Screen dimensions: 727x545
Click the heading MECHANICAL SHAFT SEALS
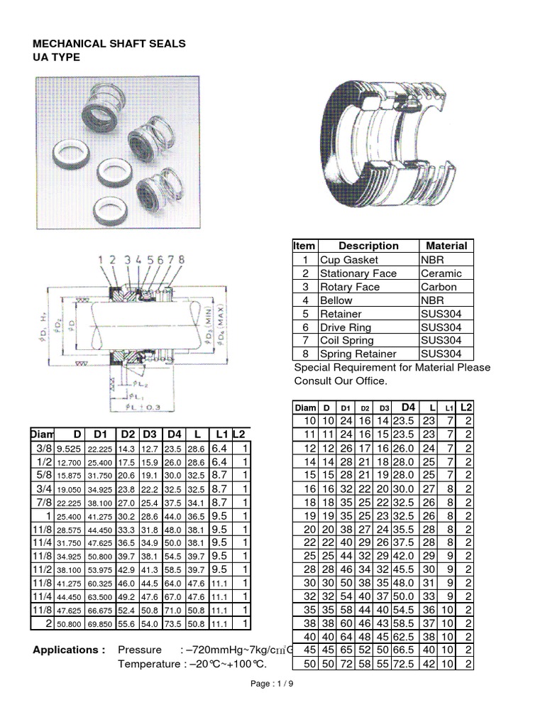pos(109,44)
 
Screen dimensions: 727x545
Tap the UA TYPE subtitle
pos(57,58)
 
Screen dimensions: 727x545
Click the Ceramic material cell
pos(441,273)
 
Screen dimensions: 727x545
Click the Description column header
pos(368,246)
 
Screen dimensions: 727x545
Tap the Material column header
pos(446,246)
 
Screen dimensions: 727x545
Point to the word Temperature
pos(147,664)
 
